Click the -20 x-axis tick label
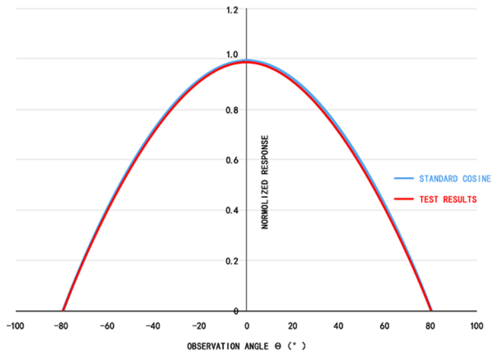(x=199, y=325)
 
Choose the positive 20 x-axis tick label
(x=293, y=325)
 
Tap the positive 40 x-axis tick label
(x=338, y=325)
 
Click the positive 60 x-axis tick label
(x=385, y=325)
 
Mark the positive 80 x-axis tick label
(x=431, y=325)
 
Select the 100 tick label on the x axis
(x=477, y=325)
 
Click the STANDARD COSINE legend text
(x=455, y=178)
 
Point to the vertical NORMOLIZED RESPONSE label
(x=265, y=182)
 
